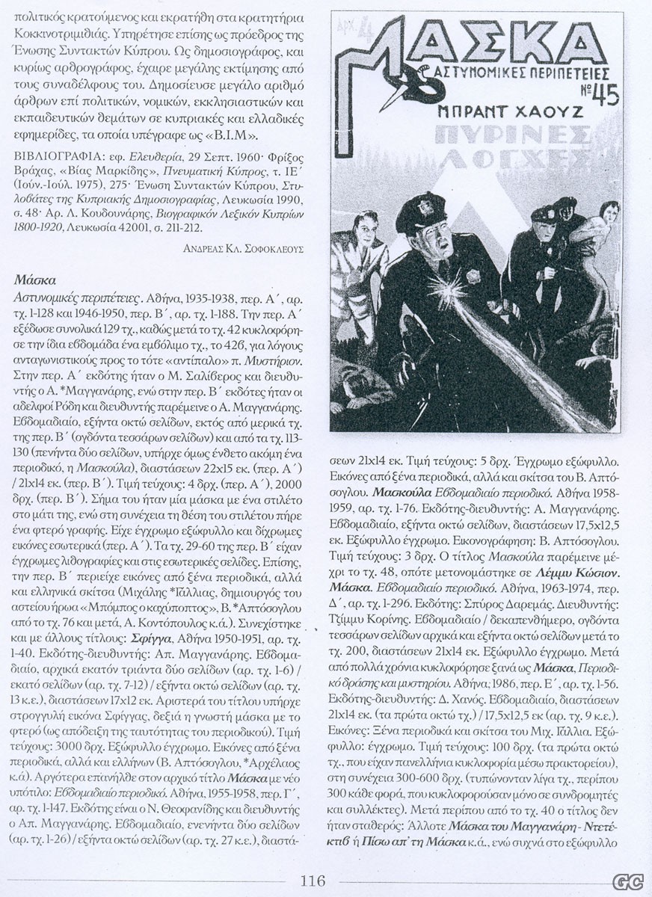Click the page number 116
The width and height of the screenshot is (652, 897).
tap(313, 881)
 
